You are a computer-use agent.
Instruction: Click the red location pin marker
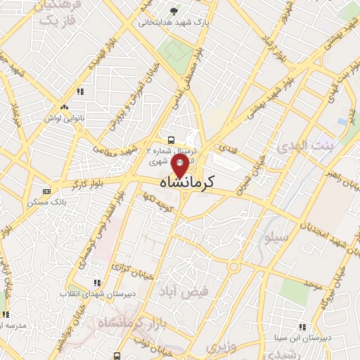179,167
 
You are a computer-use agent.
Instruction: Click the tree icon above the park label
174,11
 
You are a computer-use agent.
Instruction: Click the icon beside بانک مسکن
46,191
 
